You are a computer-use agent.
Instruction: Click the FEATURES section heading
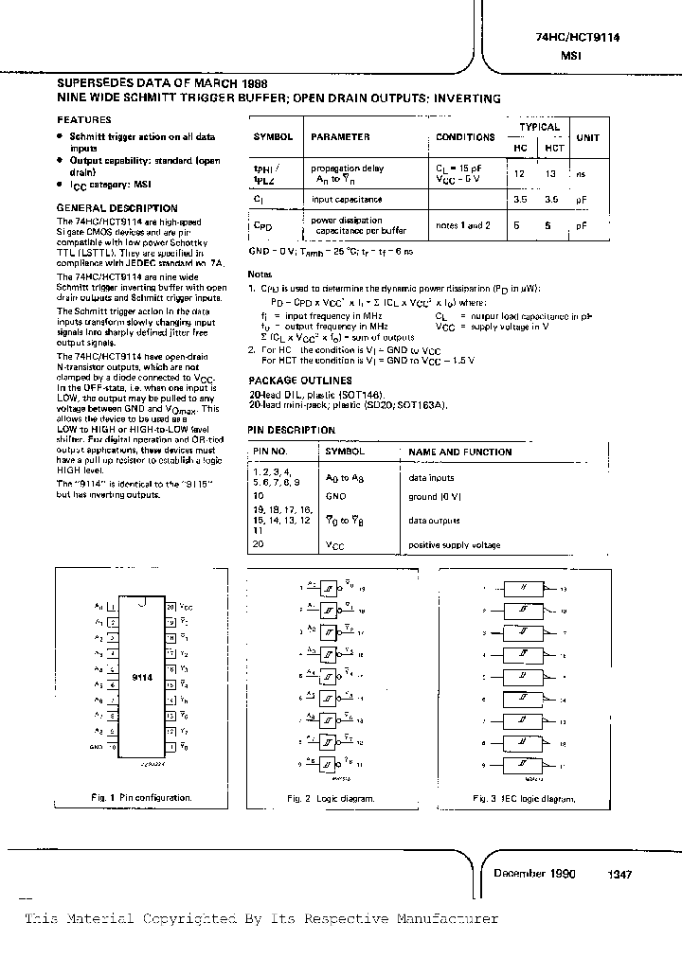[84, 120]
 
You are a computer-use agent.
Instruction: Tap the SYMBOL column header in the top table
[274, 137]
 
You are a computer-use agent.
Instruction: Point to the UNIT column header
[588, 137]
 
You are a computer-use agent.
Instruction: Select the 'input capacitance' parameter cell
[347, 200]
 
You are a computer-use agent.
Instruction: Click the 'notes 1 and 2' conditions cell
[463, 225]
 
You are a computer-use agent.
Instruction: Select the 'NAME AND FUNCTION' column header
[459, 452]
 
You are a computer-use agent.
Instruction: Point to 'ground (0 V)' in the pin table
[436, 496]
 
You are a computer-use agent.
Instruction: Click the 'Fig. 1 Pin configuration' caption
[141, 798]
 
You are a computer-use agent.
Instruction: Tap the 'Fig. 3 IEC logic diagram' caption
[524, 799]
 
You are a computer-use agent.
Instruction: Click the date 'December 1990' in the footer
[534, 874]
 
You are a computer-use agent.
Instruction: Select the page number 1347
[619, 876]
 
